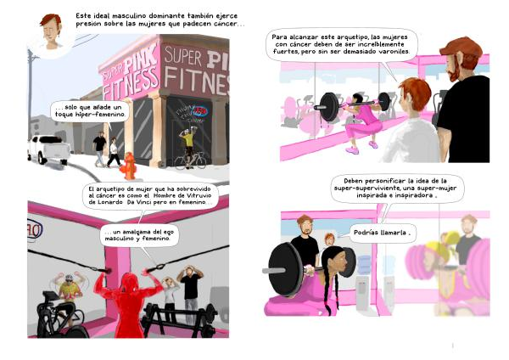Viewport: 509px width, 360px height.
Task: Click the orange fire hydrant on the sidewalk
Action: click(129, 166)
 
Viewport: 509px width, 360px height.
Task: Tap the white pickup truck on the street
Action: click(49, 149)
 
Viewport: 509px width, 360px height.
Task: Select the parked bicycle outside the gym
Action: click(190, 160)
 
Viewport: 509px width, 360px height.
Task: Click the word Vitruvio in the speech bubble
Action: click(199, 195)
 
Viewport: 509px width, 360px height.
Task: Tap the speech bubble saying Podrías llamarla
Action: click(382, 233)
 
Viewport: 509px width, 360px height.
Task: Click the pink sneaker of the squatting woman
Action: click(352, 150)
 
